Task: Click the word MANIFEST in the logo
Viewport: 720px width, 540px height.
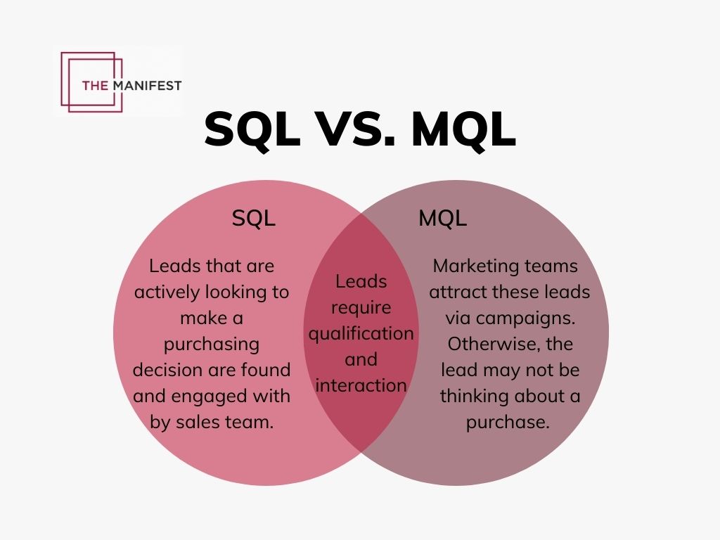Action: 146,86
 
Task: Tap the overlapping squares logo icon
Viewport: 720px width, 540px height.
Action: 88,81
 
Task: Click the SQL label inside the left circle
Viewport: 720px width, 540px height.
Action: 254,218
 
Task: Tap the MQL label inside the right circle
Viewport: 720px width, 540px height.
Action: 442,218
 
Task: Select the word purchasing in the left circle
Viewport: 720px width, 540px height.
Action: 212,344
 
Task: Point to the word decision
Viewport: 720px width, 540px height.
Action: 167,370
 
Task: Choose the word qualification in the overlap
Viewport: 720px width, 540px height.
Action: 361,333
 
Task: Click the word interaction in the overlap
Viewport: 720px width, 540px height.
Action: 361,385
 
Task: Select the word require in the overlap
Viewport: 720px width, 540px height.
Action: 361,307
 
